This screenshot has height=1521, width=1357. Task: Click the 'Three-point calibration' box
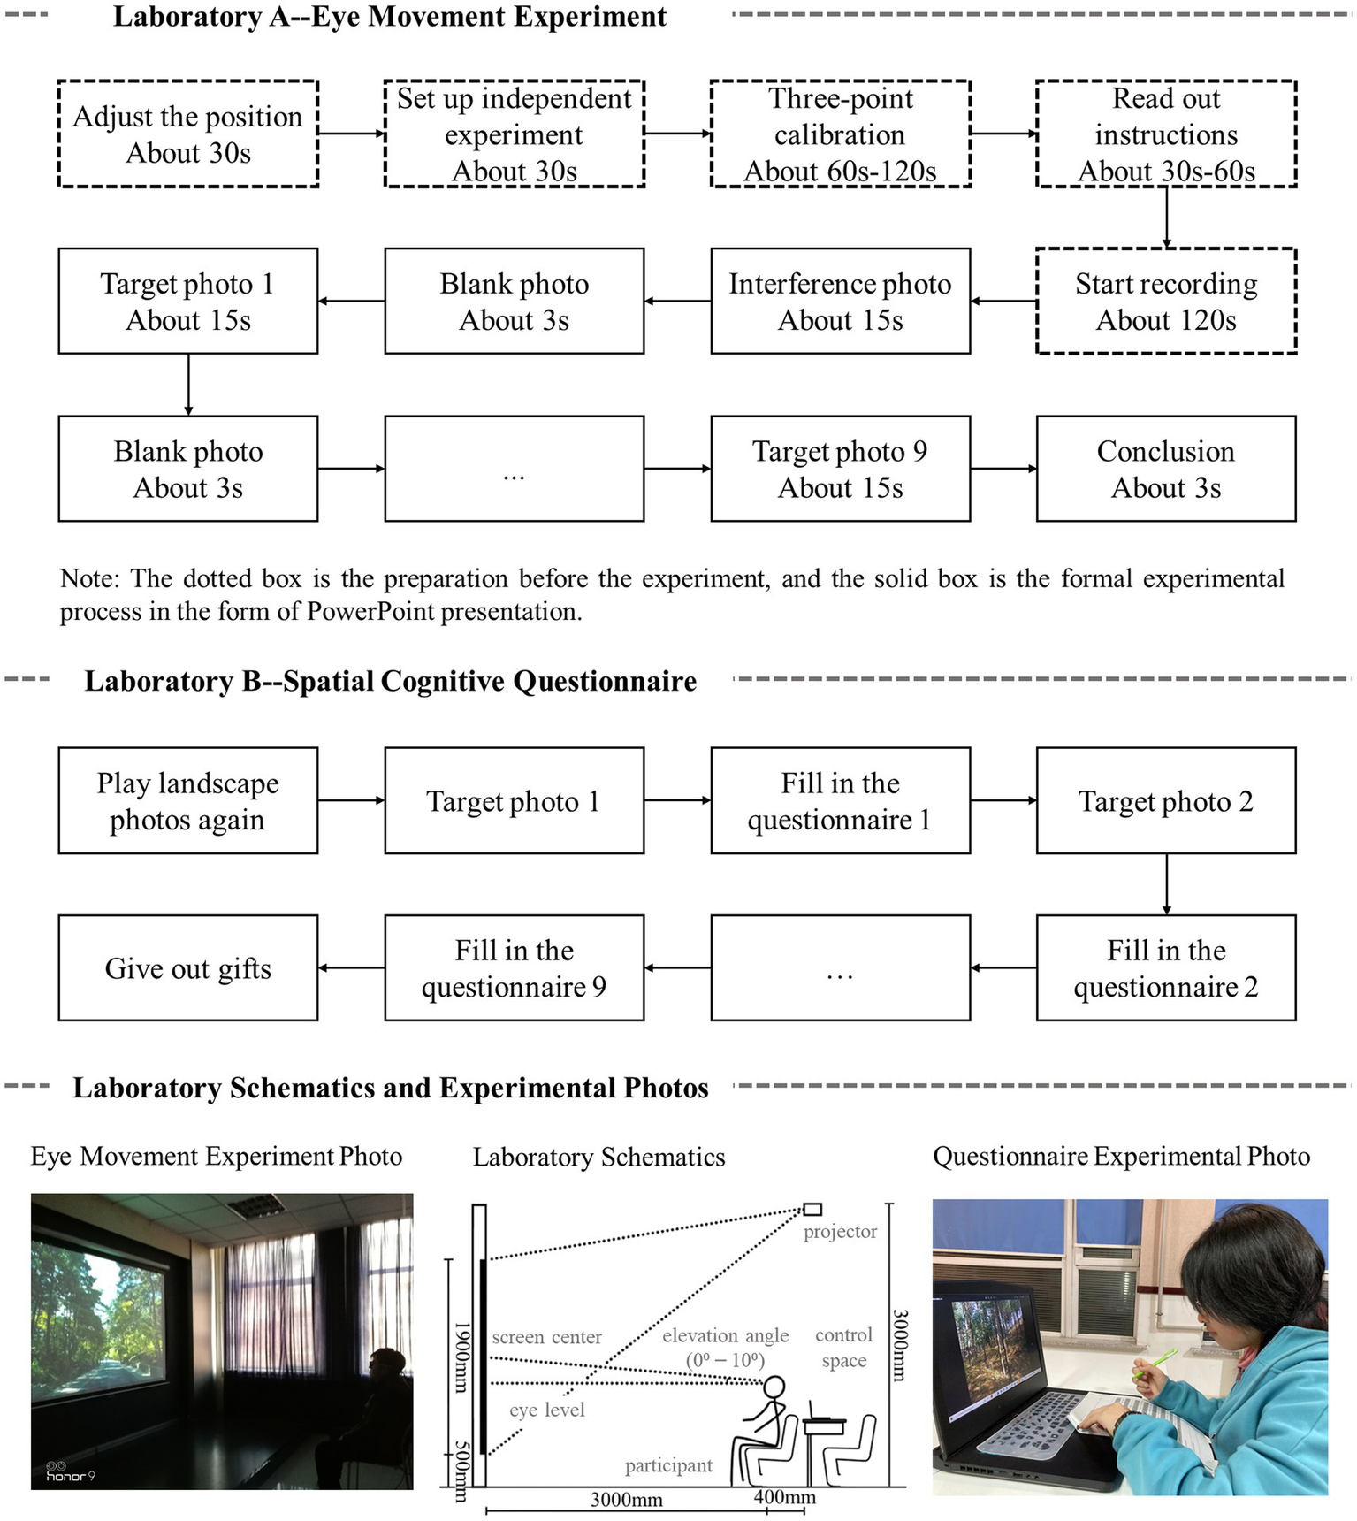pyautogui.click(x=840, y=134)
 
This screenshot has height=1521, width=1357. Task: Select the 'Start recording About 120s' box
pyautogui.click(x=1166, y=302)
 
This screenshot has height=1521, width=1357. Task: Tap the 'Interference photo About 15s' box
pyautogui.click(x=840, y=302)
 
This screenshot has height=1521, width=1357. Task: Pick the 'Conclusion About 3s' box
pyautogui.click(x=1166, y=469)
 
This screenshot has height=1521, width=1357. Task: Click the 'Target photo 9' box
pyautogui.click(x=840, y=469)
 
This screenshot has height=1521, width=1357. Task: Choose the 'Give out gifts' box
pyautogui.click(x=187, y=968)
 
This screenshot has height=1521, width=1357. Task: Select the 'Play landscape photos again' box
pyautogui.click(x=187, y=801)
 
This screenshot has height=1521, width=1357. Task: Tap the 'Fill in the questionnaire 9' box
pyautogui.click(x=514, y=968)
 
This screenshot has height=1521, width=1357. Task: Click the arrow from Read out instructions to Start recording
pyautogui.click(x=1166, y=218)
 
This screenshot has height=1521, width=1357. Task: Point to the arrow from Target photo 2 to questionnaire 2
pyautogui.click(x=1166, y=884)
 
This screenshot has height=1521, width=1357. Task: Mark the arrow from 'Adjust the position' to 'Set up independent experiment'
pyautogui.click(x=351, y=134)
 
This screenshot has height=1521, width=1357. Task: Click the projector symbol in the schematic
pyautogui.click(x=812, y=1209)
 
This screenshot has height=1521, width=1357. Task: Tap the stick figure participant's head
pyautogui.click(x=774, y=1387)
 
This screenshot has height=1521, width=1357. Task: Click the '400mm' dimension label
pyautogui.click(x=785, y=1497)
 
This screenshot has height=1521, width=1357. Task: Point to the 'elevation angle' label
pyautogui.click(x=725, y=1335)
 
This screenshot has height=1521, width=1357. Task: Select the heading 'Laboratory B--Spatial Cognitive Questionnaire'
pyautogui.click(x=390, y=681)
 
